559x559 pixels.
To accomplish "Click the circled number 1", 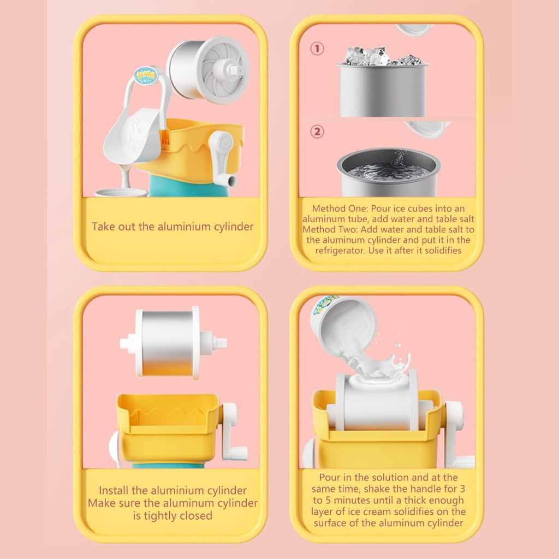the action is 317,49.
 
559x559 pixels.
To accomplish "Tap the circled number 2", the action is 317,132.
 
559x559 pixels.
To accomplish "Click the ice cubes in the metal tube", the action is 383,56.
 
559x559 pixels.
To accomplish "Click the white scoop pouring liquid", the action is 134,134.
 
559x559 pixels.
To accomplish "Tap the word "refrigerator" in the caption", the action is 340,250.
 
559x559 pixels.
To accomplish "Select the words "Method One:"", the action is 340,209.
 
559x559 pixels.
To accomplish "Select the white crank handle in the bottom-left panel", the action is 233,431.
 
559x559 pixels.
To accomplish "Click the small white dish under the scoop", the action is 121,193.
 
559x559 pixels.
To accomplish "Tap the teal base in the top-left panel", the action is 189,187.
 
